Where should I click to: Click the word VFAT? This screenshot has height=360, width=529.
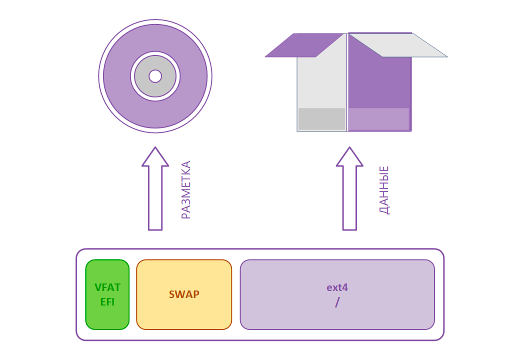[x=107, y=287]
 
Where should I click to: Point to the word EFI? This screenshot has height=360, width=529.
[x=107, y=302]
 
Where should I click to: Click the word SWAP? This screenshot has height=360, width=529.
[x=184, y=294]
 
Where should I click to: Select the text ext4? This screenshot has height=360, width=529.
[x=337, y=287]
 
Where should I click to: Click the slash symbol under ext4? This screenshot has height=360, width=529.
[x=337, y=302]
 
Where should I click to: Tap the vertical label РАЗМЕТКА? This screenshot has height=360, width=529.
[x=186, y=190]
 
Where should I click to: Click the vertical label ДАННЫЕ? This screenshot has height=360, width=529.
[x=384, y=190]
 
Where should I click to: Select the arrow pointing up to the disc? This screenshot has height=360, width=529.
[x=155, y=200]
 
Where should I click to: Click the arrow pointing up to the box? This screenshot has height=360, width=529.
[x=349, y=200]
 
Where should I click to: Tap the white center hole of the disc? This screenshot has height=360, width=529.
[x=155, y=76]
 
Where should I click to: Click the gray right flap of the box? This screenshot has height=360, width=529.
[x=400, y=45]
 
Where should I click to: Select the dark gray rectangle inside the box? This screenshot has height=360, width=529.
[x=321, y=119]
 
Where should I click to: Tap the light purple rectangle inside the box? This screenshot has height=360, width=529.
[x=378, y=119]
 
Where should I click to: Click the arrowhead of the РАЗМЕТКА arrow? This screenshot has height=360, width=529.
[x=155, y=157]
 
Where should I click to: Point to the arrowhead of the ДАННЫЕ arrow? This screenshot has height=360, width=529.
[x=349, y=157]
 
